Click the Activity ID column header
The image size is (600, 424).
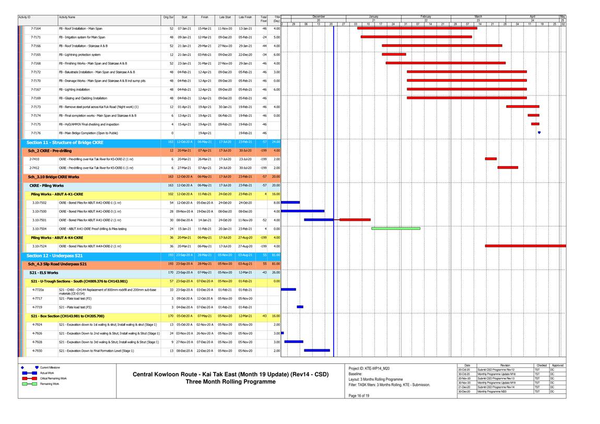pyautogui.click(x=25, y=17)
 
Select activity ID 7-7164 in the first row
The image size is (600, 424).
pyautogui.click(x=36, y=28)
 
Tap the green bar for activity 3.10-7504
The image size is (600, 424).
pyautogui.click(x=395, y=228)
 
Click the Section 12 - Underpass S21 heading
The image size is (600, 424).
pyautogui.click(x=54, y=255)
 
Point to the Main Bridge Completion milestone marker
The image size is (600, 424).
pyautogui.click(x=539, y=133)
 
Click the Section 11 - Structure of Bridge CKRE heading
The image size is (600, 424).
pyautogui.click(x=65, y=142)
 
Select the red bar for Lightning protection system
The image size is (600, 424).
pyautogui.click(x=394, y=54)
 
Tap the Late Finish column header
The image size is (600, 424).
pyautogui.click(x=245, y=17)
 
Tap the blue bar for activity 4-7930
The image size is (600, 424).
pyautogui.click(x=316, y=350)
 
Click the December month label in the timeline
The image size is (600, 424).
pyautogui.click(x=318, y=17)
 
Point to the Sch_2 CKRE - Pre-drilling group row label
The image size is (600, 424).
pyautogui.click(x=50, y=150)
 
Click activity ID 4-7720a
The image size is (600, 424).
pyautogui.click(x=38, y=290)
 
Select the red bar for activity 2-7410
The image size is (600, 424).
pyautogui.click(x=490, y=159)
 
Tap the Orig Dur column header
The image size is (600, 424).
pyautogui.click(x=168, y=17)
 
